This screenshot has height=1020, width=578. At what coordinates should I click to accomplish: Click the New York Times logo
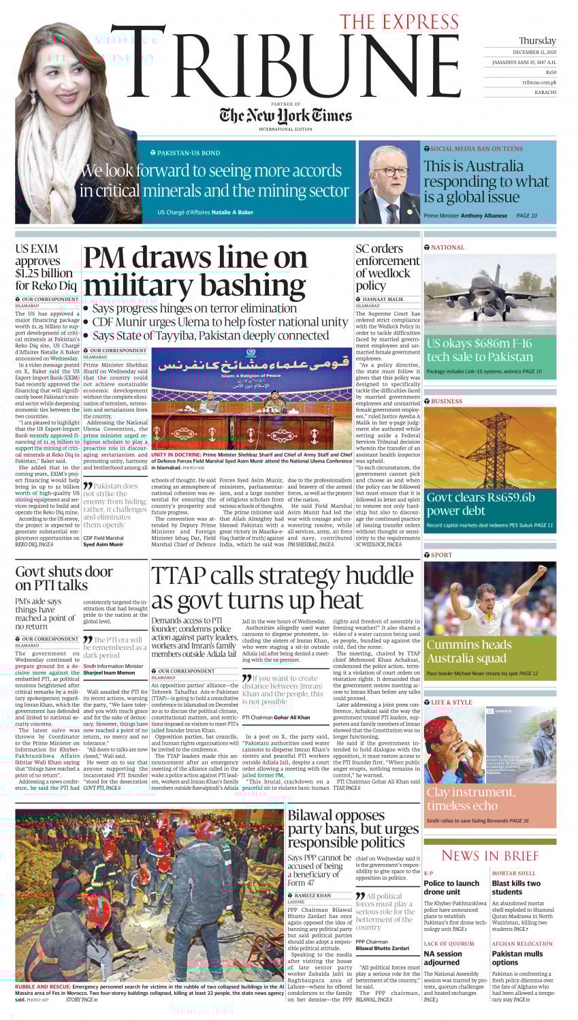point(285,115)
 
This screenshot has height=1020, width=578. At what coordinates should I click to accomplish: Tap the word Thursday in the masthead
point(537,41)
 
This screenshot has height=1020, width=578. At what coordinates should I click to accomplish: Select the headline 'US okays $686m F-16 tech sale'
point(479,350)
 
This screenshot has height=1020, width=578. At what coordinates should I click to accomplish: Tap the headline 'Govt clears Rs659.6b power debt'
point(481,504)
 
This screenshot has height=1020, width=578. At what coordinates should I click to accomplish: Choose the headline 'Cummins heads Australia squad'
point(469,651)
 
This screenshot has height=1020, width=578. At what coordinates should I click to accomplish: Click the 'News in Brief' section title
point(489,855)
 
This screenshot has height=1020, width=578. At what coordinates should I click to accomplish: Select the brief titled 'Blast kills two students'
point(516,887)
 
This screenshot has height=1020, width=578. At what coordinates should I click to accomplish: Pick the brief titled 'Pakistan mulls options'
point(517,958)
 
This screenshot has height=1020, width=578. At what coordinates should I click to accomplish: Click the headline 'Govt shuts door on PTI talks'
point(64,578)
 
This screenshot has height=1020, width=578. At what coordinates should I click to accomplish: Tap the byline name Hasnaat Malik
point(383,299)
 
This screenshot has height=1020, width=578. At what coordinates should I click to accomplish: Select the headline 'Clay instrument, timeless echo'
point(470,798)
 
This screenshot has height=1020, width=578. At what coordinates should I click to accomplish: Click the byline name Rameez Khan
point(313,895)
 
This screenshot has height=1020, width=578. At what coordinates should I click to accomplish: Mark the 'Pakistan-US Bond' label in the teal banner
point(189,153)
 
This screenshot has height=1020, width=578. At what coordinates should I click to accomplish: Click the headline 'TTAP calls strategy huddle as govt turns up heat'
point(282,587)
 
